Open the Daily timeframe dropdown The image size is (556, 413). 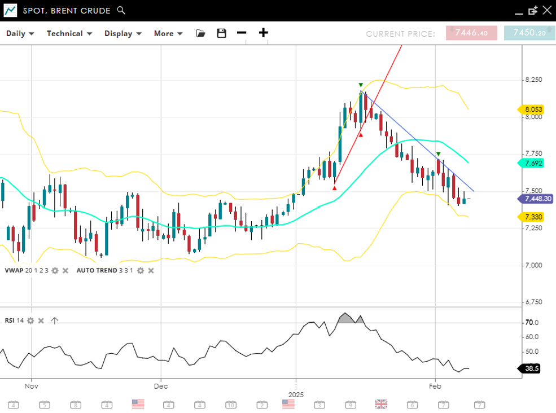pos(20,33)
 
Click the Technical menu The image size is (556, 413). pos(68,33)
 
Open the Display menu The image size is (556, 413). pos(122,33)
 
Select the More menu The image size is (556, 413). pos(168,33)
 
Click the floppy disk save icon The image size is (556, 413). pos(221,33)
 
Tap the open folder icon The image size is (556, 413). pos(200,33)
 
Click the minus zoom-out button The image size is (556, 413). pos(242,33)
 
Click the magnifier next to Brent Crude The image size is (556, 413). pos(121,10)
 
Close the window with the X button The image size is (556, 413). pos(546,10)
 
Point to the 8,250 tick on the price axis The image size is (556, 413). pos(533,80)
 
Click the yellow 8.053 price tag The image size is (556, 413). pos(532,109)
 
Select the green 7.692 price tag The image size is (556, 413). pos(532,163)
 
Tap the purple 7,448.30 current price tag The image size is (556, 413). pos(536,199)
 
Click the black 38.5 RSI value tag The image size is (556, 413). pos(531,368)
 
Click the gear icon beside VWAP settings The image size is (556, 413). pos(55,271)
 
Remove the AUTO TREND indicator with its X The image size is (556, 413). pos(151,271)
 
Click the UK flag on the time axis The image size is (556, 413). pos(382,404)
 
